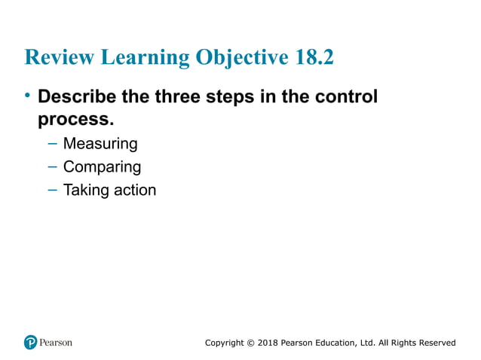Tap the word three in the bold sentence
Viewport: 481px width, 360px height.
coord(176,98)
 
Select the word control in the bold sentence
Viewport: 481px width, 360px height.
coord(347,98)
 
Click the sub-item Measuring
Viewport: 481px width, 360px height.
coord(100,143)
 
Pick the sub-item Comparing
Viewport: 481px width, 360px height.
coord(102,166)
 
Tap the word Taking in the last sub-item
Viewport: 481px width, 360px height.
coord(86,190)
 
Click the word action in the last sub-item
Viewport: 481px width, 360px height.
coord(135,190)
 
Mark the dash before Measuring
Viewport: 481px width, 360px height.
coord(51,143)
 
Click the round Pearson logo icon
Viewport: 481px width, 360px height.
coord(30,343)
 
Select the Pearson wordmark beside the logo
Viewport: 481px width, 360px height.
coord(57,343)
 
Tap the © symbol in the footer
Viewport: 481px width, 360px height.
coord(250,343)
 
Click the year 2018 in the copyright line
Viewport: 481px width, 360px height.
coord(266,343)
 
